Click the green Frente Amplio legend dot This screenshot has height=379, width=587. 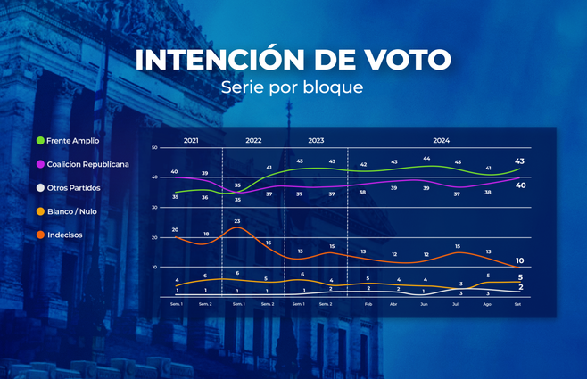[x=40, y=141]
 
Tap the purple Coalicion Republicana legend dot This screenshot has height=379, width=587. [x=40, y=164]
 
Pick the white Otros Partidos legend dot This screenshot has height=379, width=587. [x=40, y=188]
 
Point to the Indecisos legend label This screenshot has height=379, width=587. [x=74, y=235]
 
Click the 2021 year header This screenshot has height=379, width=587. [x=191, y=141]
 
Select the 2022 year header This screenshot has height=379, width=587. [x=253, y=141]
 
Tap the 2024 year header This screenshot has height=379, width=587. [x=441, y=141]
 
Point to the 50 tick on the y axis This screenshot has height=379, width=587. [x=154, y=148]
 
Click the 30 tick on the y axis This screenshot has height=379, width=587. [x=154, y=208]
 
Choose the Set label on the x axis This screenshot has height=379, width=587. [x=519, y=304]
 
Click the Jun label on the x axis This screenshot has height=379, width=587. [x=426, y=304]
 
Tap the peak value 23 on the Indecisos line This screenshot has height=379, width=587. [x=237, y=220]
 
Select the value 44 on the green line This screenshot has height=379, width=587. [x=426, y=159]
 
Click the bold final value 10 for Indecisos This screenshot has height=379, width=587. [x=520, y=260]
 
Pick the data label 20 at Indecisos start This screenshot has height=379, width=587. [x=175, y=229]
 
